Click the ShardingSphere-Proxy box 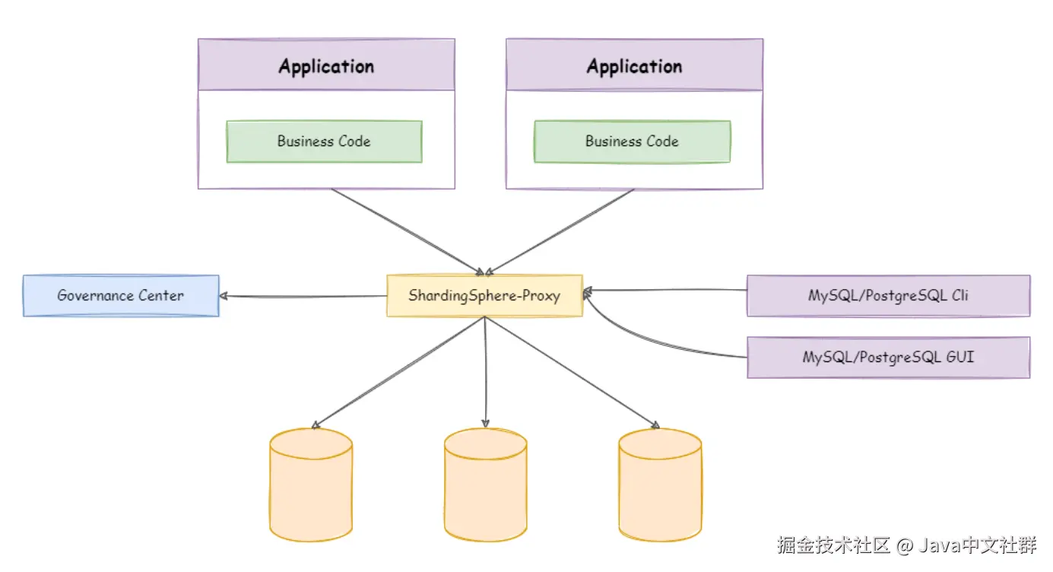(x=484, y=295)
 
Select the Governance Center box (x=121, y=295)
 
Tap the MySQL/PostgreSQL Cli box (x=889, y=295)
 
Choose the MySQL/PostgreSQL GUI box (x=889, y=357)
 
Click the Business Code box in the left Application (x=325, y=141)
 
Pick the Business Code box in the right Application (x=633, y=141)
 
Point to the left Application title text (x=326, y=66)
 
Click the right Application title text (x=634, y=66)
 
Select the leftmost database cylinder (x=311, y=485)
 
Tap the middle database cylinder (x=486, y=485)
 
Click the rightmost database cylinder (x=660, y=485)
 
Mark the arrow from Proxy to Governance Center (x=303, y=297)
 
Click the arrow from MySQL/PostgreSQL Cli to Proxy (x=664, y=291)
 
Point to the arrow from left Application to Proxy (x=408, y=231)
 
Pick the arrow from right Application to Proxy (x=560, y=231)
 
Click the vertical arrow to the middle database (x=485, y=372)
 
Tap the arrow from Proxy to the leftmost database (x=398, y=373)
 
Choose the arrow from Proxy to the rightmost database (x=572, y=373)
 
